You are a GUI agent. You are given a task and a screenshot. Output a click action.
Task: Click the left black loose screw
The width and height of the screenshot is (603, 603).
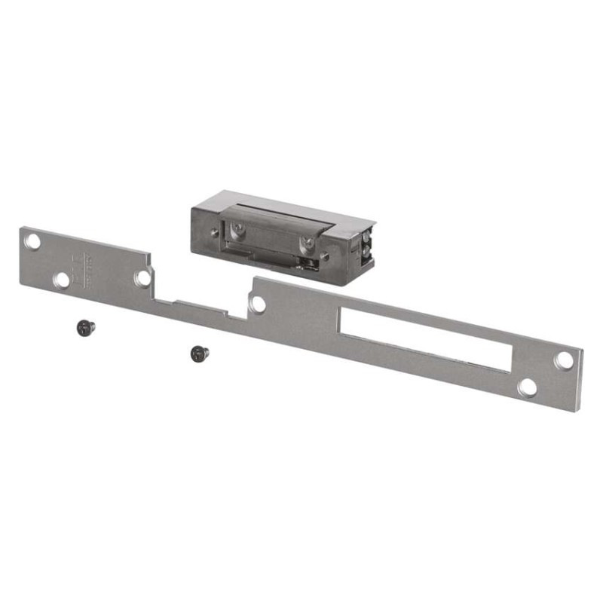click(85, 326)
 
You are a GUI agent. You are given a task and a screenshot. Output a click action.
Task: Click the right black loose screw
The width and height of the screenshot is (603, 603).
click(197, 352)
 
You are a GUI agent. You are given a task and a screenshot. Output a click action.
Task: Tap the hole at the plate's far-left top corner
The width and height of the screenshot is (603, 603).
click(33, 242)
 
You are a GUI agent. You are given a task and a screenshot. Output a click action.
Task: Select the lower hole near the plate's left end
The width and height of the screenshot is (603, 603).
click(62, 280)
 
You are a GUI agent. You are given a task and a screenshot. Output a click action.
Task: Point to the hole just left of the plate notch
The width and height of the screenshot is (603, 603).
click(142, 277)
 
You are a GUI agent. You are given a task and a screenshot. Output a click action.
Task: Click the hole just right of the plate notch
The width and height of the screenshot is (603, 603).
click(258, 305)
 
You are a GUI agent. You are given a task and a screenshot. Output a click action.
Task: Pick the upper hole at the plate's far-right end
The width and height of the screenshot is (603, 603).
click(563, 360)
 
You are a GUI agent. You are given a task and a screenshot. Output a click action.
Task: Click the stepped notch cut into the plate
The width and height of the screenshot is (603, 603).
click(200, 307)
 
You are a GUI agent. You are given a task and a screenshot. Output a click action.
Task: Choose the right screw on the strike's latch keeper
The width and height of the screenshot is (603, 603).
click(307, 243)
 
